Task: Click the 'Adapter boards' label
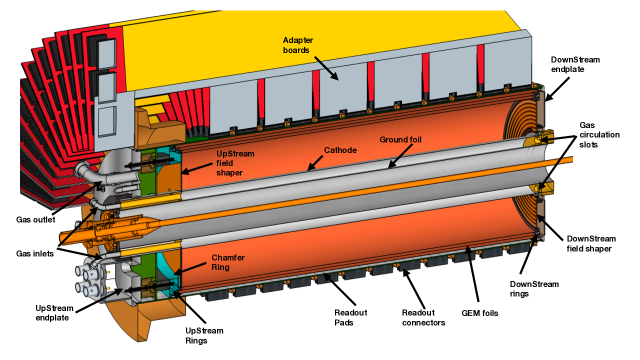[x=298, y=45]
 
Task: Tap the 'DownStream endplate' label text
[x=576, y=64]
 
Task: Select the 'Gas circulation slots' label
[x=599, y=135]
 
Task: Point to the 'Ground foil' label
[x=400, y=140]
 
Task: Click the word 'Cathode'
[x=340, y=150]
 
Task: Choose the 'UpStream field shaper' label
[x=235, y=163]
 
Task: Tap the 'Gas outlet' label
[x=36, y=220]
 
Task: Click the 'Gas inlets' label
[x=35, y=254]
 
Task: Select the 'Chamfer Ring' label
[x=228, y=262]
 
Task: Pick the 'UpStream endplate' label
[x=54, y=313]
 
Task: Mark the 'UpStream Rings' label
[x=204, y=336]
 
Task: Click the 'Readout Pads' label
[x=351, y=318]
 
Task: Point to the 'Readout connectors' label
[x=423, y=318]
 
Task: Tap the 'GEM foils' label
[x=480, y=313]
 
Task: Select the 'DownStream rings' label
[x=534, y=289]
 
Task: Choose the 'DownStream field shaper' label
[x=591, y=244]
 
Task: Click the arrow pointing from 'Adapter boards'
[x=326, y=68]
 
